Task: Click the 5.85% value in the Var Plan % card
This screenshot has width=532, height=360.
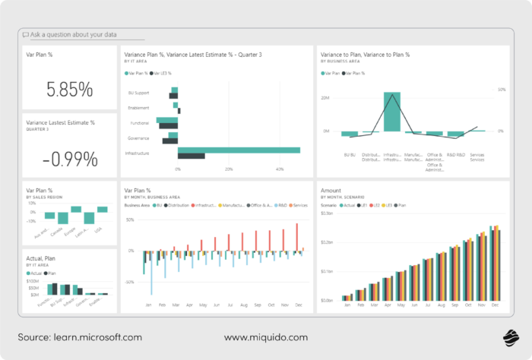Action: (69, 89)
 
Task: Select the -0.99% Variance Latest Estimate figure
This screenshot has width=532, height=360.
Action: (69, 159)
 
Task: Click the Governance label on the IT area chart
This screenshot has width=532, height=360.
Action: (138, 138)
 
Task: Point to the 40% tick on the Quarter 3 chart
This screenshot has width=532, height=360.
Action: (279, 169)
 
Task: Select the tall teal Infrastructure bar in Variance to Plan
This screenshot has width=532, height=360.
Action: (391, 112)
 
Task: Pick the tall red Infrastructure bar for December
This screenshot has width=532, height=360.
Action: (296, 236)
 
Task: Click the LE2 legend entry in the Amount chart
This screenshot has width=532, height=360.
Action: (385, 206)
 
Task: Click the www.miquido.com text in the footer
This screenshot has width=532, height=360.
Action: (265, 336)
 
